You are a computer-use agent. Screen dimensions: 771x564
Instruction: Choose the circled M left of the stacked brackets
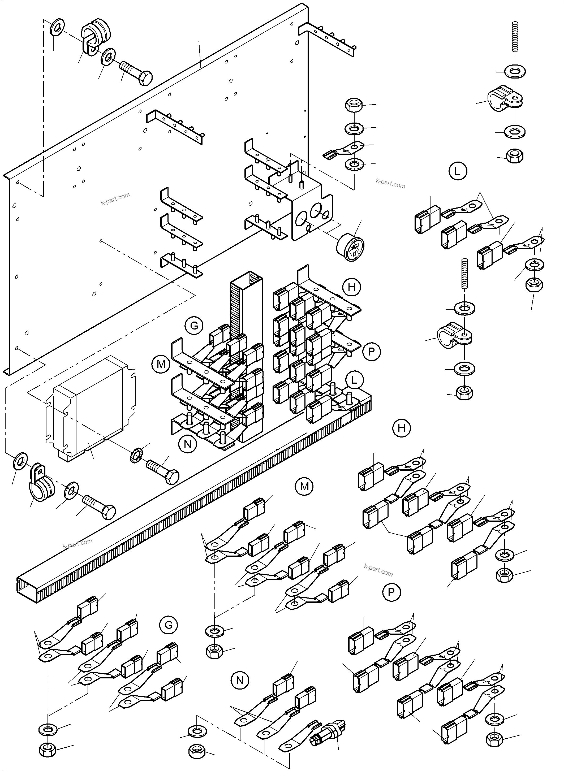pyautogui.click(x=161, y=364)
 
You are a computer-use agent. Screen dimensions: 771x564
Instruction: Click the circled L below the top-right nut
pyautogui.click(x=457, y=171)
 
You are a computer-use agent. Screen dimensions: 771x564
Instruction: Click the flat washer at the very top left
pyautogui.click(x=57, y=27)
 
